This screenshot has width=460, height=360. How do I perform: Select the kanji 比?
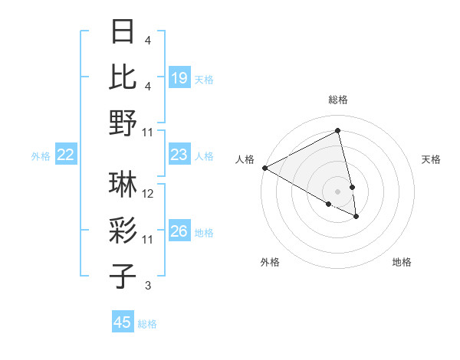(x=123, y=77)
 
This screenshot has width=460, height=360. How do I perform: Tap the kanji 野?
(x=123, y=123)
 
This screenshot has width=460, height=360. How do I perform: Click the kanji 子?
(x=123, y=275)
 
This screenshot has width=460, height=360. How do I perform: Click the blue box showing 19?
(x=179, y=77)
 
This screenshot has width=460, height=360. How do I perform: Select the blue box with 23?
(x=179, y=155)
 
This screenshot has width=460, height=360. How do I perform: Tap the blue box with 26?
(x=179, y=231)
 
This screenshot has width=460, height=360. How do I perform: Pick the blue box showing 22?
(x=66, y=155)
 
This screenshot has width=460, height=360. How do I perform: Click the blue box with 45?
(x=123, y=322)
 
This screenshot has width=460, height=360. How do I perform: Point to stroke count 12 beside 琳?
(x=148, y=194)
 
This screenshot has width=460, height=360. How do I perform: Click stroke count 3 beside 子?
(x=148, y=286)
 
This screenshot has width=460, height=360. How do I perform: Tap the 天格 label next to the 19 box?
(x=204, y=79)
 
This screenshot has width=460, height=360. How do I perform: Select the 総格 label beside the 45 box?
(x=147, y=324)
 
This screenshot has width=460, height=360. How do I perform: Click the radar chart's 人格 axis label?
(x=245, y=159)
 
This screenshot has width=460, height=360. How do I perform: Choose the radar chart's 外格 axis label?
(x=270, y=262)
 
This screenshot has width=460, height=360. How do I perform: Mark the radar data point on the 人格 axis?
(x=264, y=167)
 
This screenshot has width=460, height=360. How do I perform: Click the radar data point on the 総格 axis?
(x=337, y=132)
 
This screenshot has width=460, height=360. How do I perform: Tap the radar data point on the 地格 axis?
(x=356, y=217)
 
